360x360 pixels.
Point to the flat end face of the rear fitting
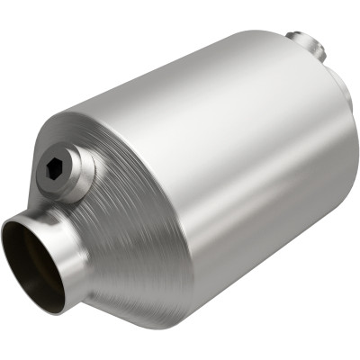point(297,40)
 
